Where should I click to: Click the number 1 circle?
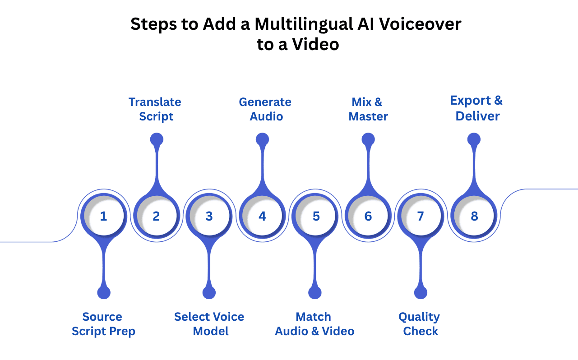pyautogui.click(x=103, y=216)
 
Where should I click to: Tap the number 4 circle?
pyautogui.click(x=262, y=216)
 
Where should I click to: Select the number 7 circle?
pyautogui.click(x=421, y=216)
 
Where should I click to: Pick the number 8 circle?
pyautogui.click(x=474, y=216)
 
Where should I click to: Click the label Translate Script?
pyautogui.click(x=155, y=109)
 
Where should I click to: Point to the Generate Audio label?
pyautogui.click(x=265, y=109)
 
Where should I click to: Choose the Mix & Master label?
pyautogui.click(x=368, y=109)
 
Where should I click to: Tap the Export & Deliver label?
pyautogui.click(x=476, y=108)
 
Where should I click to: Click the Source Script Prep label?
pyautogui.click(x=103, y=324)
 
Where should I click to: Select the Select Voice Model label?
pyautogui.click(x=209, y=324)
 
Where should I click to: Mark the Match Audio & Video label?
pyautogui.click(x=314, y=324)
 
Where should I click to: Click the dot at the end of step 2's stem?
pyautogui.click(x=157, y=139)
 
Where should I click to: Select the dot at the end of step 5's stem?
pyautogui.click(x=315, y=293)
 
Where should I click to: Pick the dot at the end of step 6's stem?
pyautogui.click(x=368, y=139)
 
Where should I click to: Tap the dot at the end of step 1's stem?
pyautogui.click(x=104, y=293)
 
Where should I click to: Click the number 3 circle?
pyautogui.click(x=209, y=216)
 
